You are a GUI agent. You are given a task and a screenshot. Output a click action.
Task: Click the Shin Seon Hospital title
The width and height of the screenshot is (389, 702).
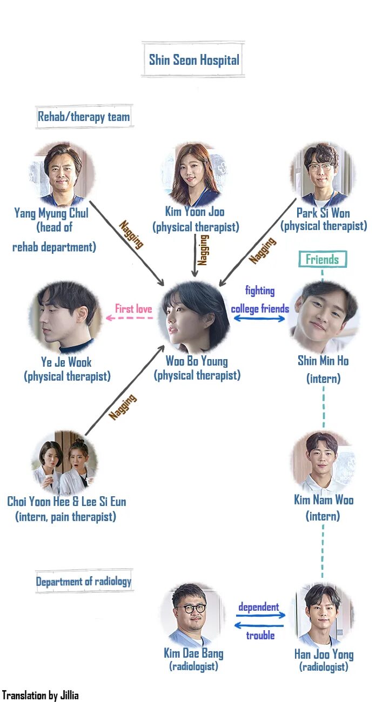[194, 59]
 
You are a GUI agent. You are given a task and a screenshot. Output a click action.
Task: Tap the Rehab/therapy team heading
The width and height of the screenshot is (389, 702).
[84, 117]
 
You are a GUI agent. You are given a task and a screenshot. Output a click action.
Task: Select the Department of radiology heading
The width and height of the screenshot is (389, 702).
[84, 582]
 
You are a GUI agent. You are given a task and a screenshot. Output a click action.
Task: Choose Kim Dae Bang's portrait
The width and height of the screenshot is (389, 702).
[193, 615]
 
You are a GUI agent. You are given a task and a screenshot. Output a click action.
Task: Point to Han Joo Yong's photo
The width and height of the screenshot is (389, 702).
[323, 615]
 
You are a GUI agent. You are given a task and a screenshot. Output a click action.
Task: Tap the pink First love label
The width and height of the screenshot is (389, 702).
[133, 309]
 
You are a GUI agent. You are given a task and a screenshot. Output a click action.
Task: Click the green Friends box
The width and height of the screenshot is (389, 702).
[323, 259]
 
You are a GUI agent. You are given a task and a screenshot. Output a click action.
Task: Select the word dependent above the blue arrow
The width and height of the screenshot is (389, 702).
[259, 607]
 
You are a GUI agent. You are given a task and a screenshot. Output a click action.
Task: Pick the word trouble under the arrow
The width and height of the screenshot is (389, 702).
[260, 636]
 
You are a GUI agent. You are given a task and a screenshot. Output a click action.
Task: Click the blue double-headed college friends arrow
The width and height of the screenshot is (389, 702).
[259, 319]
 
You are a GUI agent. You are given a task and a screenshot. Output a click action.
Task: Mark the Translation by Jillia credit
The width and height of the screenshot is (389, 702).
[41, 695]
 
